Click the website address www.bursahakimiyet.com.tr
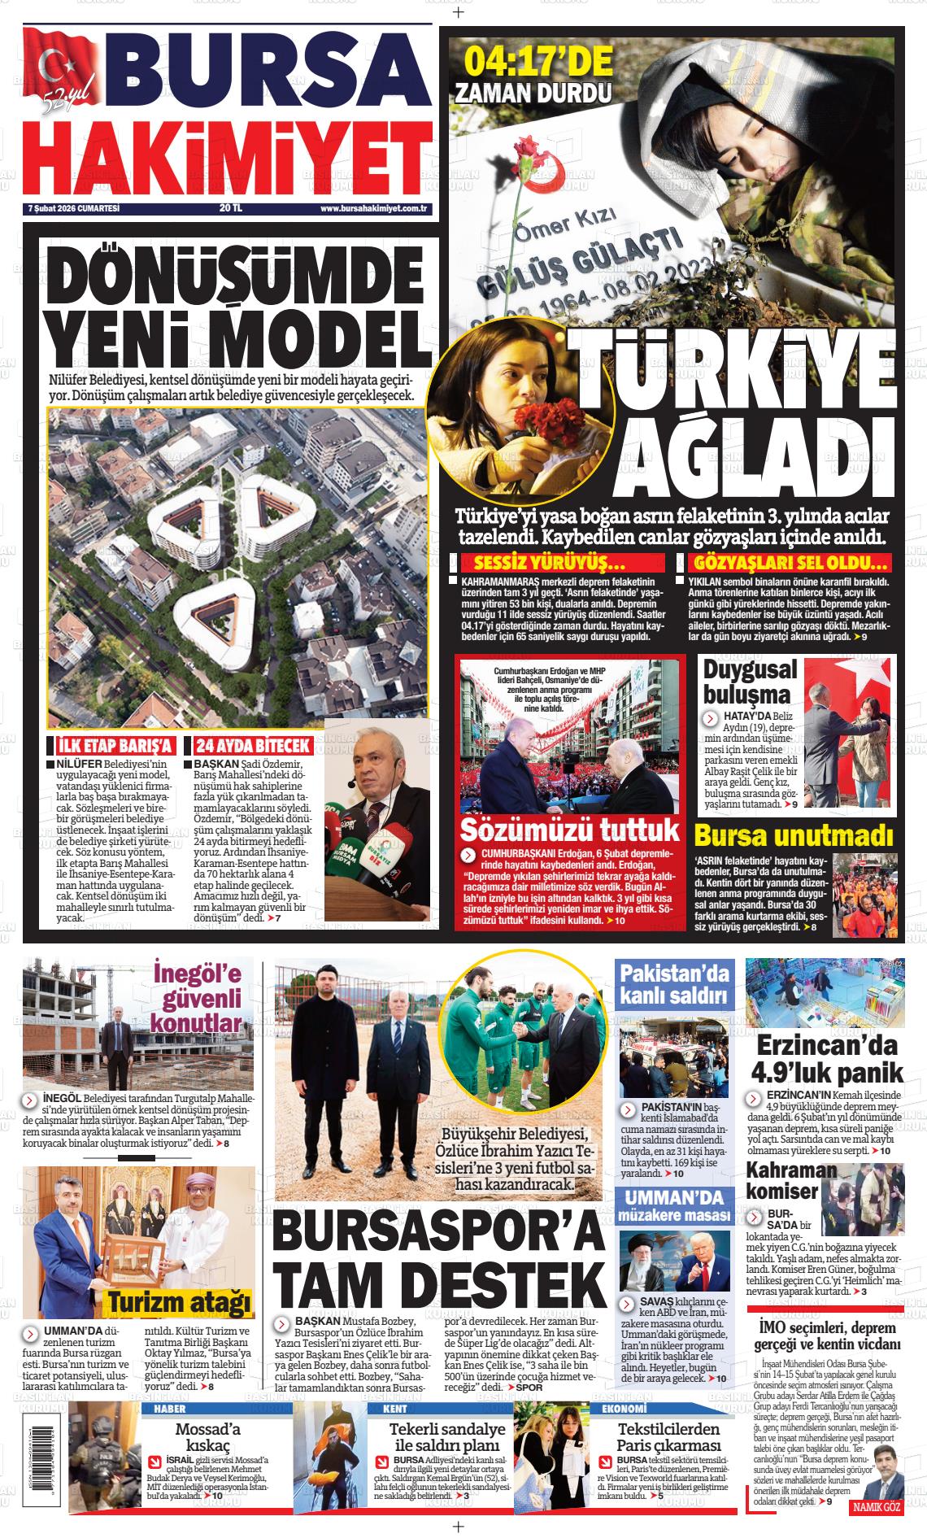(x=374, y=209)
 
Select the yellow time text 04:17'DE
(x=538, y=61)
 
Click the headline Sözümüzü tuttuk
(x=569, y=830)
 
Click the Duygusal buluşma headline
(x=747, y=682)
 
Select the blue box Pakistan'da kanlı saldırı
(x=674, y=983)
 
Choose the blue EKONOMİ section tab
(x=624, y=1409)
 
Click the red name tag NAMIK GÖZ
(x=876, y=1508)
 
